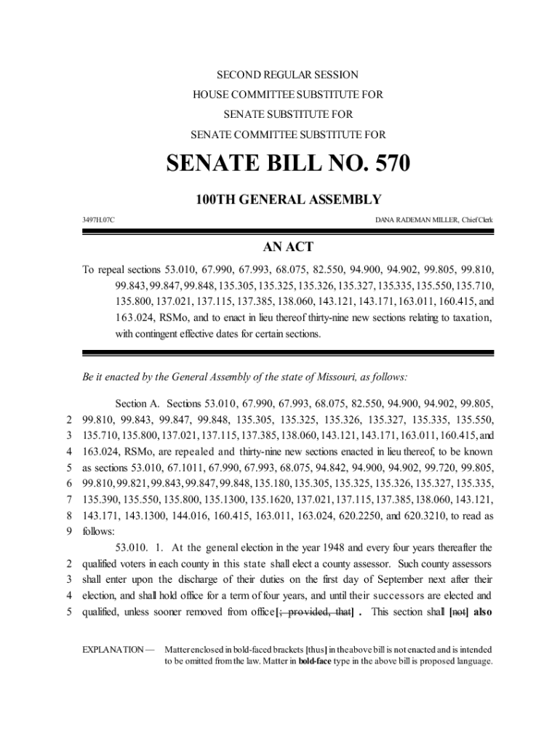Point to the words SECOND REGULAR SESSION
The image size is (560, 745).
[288, 75]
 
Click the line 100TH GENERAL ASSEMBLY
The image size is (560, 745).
[288, 199]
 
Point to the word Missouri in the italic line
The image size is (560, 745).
[336, 377]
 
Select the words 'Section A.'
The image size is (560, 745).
[137, 403]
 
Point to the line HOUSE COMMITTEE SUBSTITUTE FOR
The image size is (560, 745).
[288, 95]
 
